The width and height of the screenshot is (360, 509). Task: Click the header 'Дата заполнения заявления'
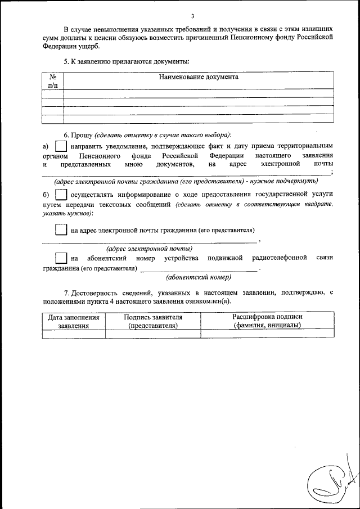pos(74,321)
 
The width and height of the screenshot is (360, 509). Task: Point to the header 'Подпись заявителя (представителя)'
pos(153,321)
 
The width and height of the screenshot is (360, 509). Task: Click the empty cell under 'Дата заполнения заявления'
pos(74,334)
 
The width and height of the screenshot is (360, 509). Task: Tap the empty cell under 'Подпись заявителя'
pos(153,334)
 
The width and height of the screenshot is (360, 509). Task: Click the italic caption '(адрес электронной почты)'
pos(150,248)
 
